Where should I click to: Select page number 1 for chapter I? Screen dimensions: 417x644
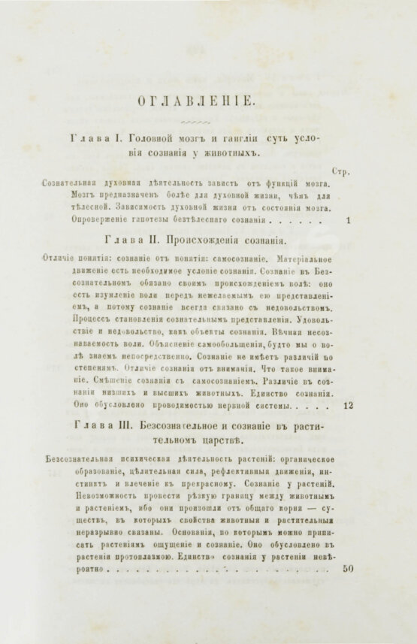[x=349, y=222]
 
